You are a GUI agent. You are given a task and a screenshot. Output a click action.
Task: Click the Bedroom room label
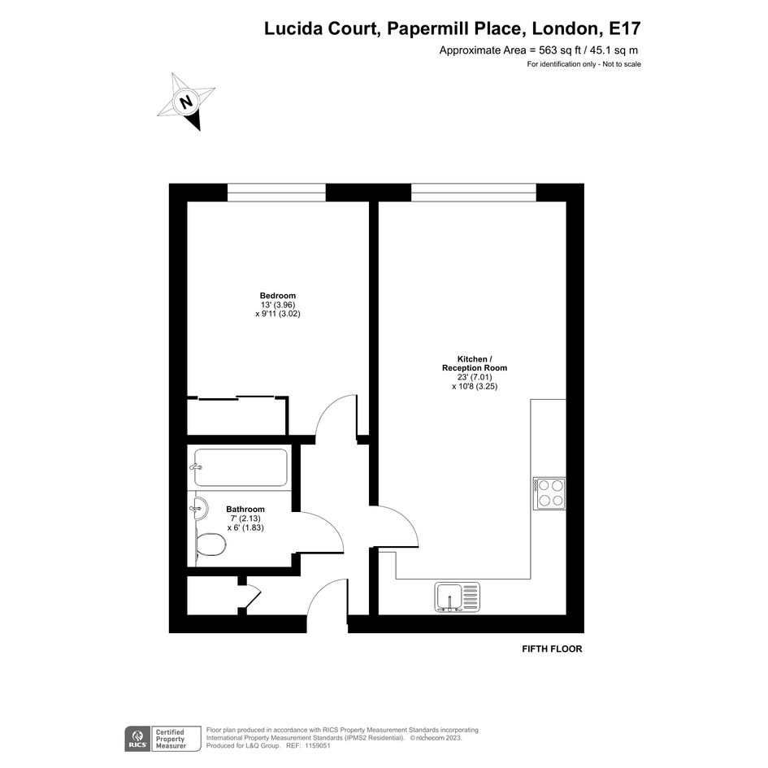[278, 296]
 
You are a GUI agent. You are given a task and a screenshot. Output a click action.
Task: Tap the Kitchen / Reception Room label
[475, 363]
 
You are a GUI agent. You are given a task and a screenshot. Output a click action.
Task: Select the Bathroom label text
[245, 510]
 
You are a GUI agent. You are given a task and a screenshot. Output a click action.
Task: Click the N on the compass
[185, 102]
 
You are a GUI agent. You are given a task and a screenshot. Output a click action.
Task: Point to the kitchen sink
[457, 597]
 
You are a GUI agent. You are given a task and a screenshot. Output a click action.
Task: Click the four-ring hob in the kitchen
[549, 493]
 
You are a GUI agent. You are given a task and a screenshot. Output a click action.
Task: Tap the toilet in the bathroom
[210, 545]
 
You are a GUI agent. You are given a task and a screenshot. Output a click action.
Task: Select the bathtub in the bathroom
[239, 468]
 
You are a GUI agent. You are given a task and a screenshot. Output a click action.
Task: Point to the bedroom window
[277, 193]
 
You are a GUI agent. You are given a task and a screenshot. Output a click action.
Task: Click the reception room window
[474, 193]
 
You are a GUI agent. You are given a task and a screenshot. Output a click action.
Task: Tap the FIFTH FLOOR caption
[552, 649]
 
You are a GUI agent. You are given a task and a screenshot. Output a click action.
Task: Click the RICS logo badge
[138, 739]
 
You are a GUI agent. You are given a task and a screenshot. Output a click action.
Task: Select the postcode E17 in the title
[624, 29]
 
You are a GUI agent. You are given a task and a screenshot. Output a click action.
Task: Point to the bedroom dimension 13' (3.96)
[278, 305]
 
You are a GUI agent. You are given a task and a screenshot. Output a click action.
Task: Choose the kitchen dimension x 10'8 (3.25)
[475, 387]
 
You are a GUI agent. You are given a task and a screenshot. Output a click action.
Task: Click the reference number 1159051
[317, 746]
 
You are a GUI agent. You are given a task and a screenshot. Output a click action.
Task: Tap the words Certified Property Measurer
[171, 739]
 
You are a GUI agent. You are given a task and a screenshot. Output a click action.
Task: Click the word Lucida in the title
[293, 29]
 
